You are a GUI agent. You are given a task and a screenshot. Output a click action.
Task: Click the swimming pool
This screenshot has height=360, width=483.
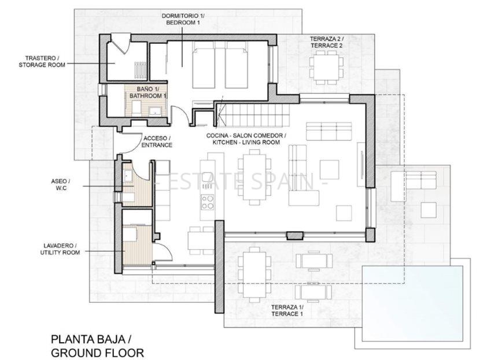412,303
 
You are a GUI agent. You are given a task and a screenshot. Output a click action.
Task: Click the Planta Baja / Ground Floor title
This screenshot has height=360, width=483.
97,346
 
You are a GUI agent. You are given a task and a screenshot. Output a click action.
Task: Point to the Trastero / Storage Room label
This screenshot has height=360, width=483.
42,61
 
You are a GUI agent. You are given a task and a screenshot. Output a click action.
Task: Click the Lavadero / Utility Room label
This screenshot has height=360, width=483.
60,249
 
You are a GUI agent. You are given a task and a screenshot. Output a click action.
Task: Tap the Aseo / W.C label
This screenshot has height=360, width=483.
61,184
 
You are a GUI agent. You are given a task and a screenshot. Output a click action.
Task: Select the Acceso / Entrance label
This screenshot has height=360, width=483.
157,142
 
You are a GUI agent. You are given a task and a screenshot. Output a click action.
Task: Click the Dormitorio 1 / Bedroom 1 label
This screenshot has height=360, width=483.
183,19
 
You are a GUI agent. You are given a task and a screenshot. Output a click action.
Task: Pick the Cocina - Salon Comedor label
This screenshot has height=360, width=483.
246,135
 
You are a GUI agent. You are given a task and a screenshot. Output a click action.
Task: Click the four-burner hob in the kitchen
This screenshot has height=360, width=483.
207,202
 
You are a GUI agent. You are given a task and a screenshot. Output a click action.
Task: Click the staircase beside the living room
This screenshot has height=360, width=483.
253,114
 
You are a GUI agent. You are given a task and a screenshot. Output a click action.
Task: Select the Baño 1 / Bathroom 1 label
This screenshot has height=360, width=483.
148,92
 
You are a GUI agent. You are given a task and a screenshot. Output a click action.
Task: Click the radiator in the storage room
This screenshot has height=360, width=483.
141,70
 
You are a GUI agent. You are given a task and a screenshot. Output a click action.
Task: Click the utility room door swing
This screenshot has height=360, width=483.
163,251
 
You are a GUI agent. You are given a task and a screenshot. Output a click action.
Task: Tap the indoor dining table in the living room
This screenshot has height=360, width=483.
255,177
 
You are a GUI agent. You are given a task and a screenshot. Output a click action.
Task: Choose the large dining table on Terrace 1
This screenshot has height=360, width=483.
255,275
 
